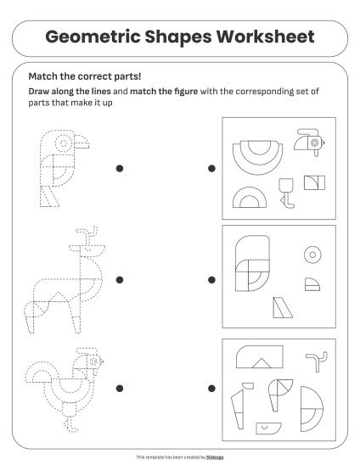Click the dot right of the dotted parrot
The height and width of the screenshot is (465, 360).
tap(120, 169)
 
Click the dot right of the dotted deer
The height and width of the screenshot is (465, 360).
tap(120, 277)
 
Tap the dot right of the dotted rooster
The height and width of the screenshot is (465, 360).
tap(120, 388)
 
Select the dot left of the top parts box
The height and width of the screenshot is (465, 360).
tap(211, 169)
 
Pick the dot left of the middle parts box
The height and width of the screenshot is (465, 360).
tap(211, 277)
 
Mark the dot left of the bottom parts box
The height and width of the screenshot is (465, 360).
tap(211, 388)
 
